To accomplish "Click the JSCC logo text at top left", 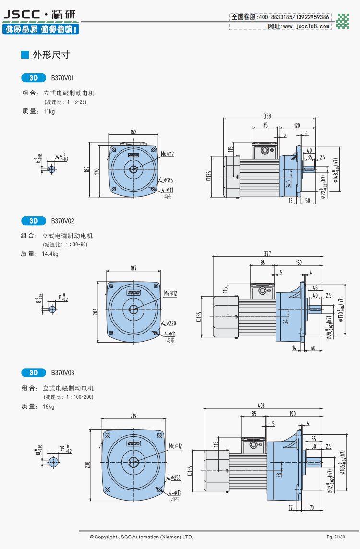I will (x=22, y=16).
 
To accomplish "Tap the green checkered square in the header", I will (x=343, y=22).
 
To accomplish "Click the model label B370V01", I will (x=62, y=77).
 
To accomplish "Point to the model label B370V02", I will (x=62, y=221).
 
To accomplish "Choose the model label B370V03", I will (x=62, y=372).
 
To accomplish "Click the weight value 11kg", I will (x=49, y=111).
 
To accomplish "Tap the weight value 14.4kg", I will (x=50, y=254).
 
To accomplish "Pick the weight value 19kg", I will (x=49, y=406).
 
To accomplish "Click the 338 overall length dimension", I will (x=267, y=116).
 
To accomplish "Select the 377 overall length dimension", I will (x=267, y=253).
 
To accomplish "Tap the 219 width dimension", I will (x=133, y=416).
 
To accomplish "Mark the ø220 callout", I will (x=170, y=323).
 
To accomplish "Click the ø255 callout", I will (x=175, y=478).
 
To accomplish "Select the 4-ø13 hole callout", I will (x=175, y=493).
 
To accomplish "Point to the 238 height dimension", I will (x=88, y=465).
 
